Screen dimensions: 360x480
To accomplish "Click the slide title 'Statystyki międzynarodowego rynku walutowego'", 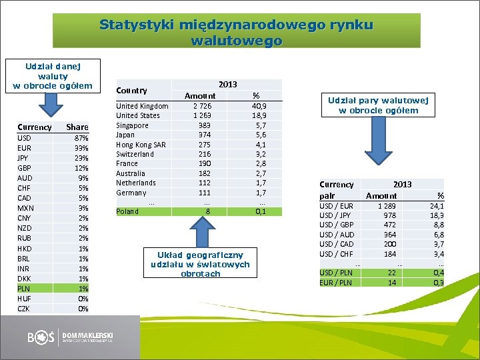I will point(237,32).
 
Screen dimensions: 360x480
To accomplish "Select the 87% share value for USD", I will point(81,137).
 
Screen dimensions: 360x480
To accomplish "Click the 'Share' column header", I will point(77,127).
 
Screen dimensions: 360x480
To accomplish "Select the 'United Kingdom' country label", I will point(142,106).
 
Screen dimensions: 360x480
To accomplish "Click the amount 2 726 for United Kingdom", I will point(203,106).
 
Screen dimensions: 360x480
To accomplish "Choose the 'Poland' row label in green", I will point(127,211).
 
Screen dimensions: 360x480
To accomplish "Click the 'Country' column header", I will point(131,90).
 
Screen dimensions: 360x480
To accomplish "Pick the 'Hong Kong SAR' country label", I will point(141,144).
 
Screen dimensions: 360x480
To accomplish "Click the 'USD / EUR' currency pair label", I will point(336,206).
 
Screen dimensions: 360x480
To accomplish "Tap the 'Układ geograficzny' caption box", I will point(200,264).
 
